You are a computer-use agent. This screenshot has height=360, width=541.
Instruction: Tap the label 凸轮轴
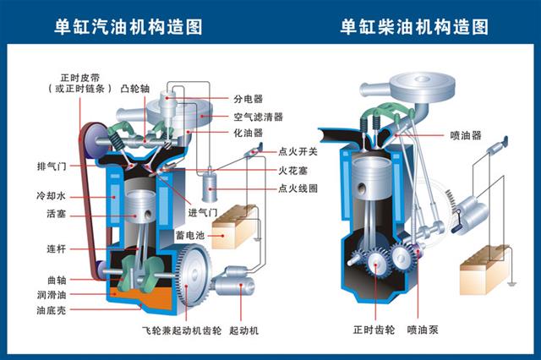coord(134,87)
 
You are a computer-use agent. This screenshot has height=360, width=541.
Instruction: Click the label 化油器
coord(249,133)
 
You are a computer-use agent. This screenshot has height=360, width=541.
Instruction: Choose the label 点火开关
coord(297,152)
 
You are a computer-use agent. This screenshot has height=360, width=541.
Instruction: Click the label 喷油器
coord(465,134)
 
